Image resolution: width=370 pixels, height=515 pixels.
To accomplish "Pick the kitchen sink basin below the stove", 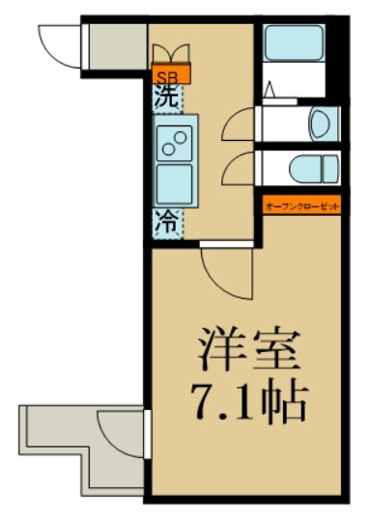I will [175, 183].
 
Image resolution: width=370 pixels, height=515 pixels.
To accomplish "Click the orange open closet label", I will [301, 204].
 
